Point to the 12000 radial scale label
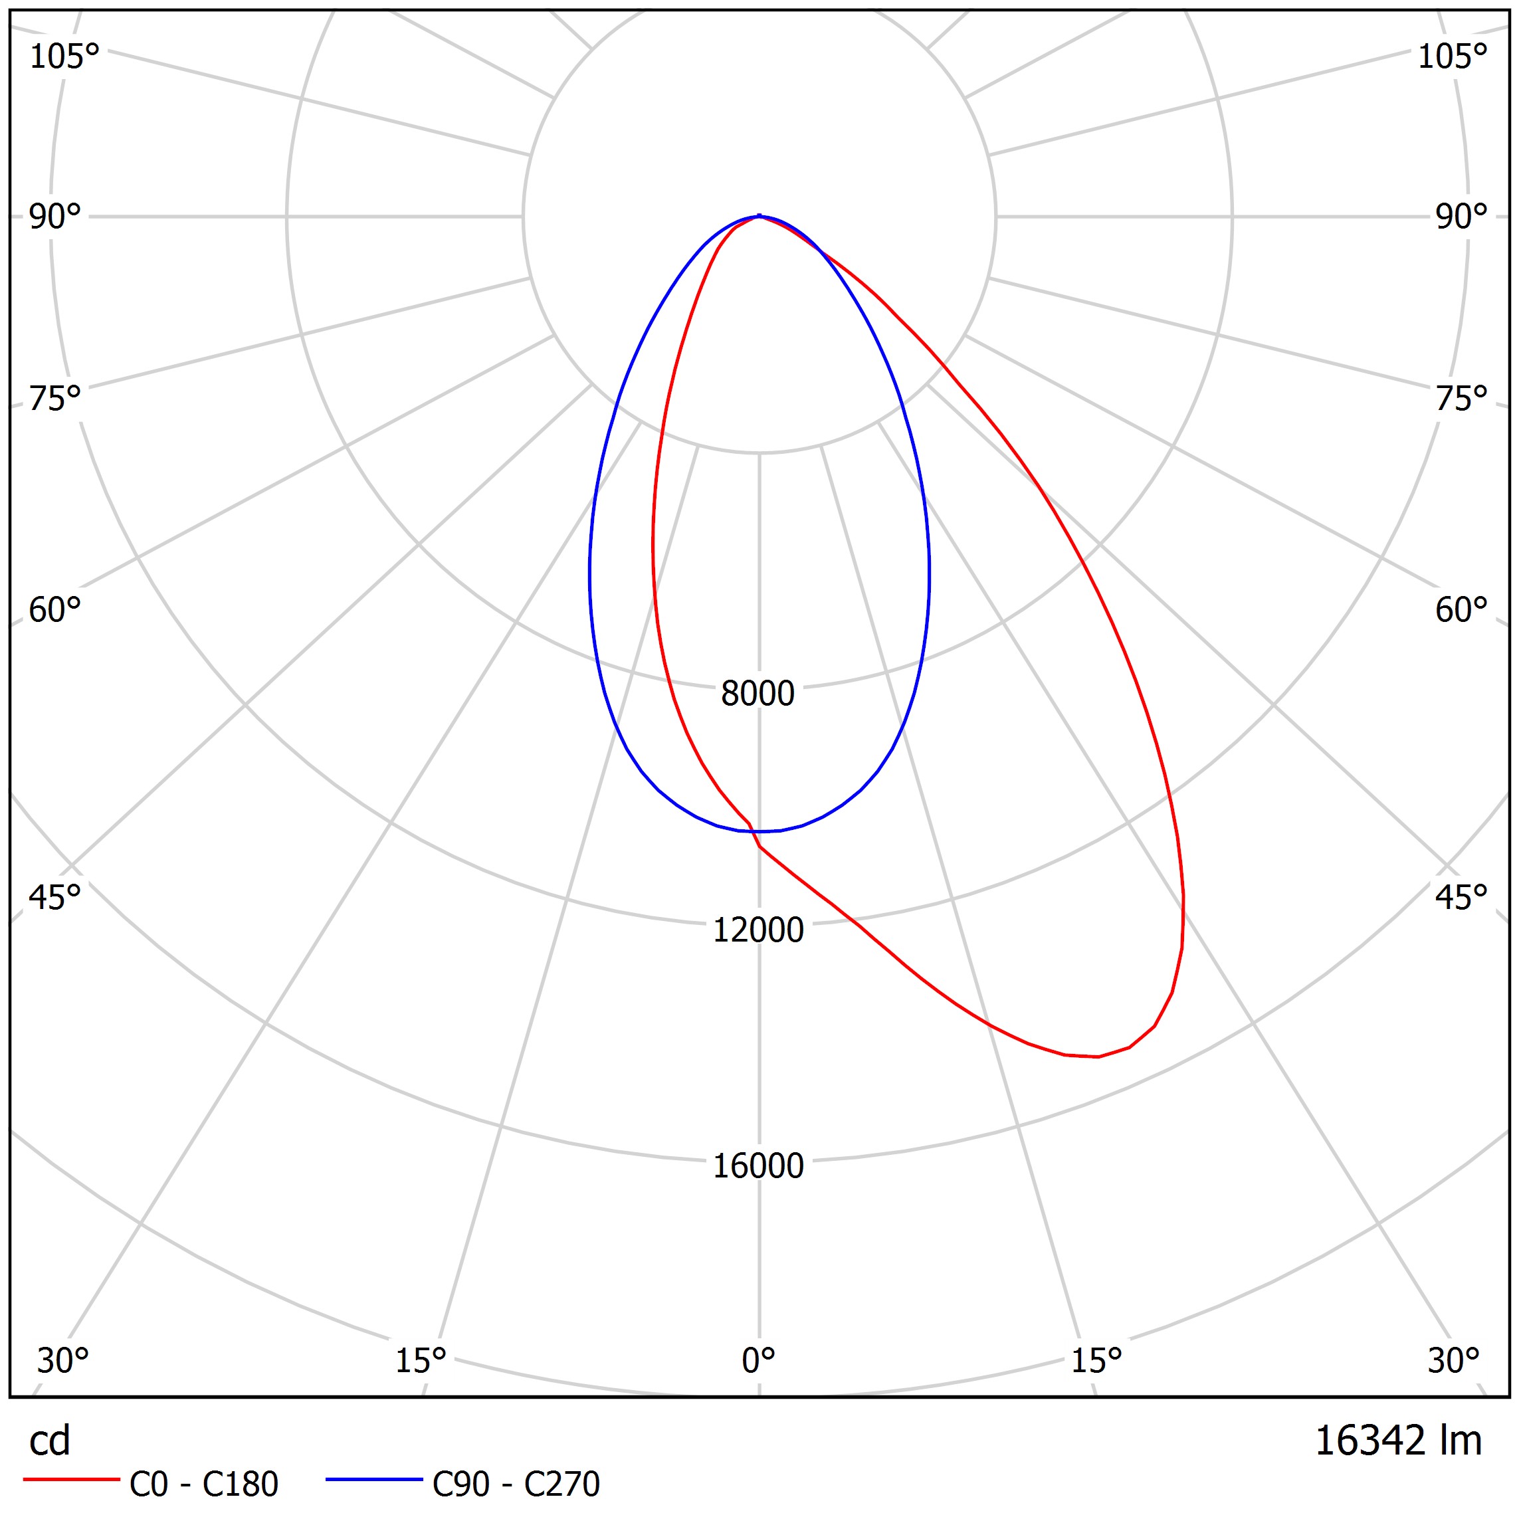[758, 930]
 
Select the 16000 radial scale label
[758, 1166]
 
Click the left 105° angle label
[64, 56]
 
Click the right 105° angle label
[1452, 56]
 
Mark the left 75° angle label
[55, 399]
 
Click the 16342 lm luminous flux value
[1398, 1441]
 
